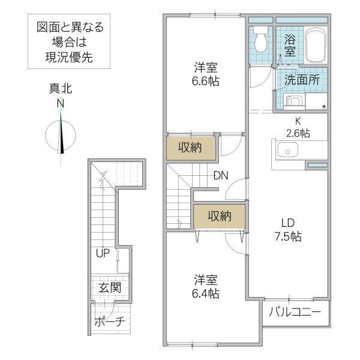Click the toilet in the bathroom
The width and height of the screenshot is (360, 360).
click(260, 39)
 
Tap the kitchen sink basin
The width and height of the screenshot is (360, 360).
click(287, 150)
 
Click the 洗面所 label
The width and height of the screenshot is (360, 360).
click(302, 80)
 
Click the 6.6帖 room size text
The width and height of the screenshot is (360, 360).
click(205, 81)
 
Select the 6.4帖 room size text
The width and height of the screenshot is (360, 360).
click(205, 293)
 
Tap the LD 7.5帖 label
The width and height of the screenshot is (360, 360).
click(288, 230)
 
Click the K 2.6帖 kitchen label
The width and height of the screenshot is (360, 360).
click(298, 127)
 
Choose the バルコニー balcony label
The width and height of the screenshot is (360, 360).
click(295, 312)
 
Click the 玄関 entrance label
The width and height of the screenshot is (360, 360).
click(110, 287)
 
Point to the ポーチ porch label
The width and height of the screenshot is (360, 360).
click(110, 321)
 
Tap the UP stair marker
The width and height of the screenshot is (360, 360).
click(103, 253)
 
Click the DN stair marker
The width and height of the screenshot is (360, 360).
click(221, 176)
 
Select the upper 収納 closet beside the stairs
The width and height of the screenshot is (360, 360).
click(190, 148)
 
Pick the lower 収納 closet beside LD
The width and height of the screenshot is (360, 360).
click(220, 216)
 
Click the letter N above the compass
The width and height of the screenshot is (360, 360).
click(61, 103)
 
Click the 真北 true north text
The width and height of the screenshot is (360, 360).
click(61, 89)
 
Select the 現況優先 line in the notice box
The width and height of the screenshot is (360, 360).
click(69, 58)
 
